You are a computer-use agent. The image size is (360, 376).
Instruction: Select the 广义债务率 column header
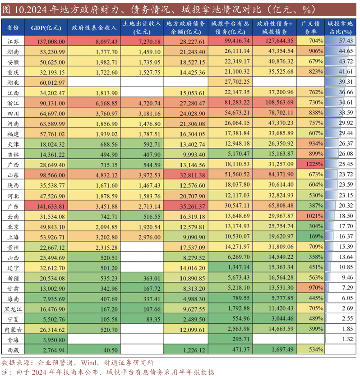(x=311, y=28)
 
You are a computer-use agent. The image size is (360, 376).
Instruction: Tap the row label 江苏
(x=13, y=41)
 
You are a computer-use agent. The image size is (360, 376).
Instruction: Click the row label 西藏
(x=13, y=349)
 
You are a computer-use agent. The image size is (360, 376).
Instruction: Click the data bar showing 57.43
(x=341, y=41)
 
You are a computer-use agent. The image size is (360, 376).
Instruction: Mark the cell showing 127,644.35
(x=275, y=41)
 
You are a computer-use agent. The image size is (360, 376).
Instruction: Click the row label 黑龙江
(x=13, y=309)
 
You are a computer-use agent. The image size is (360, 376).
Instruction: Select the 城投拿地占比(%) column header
(x=340, y=28)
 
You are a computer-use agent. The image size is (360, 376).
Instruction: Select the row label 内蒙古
(x=13, y=329)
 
